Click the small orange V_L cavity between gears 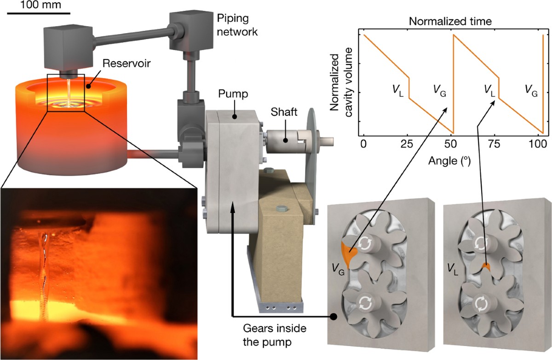(x=486, y=267)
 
